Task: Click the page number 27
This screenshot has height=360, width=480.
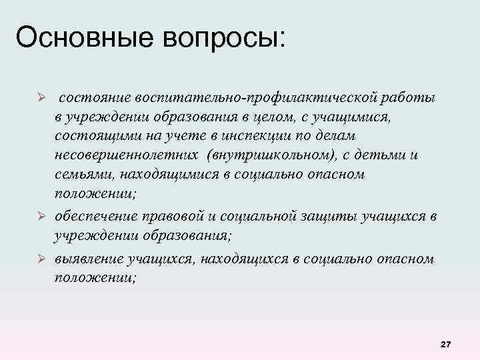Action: pos(446,344)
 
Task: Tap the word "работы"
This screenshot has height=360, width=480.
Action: pos(409,99)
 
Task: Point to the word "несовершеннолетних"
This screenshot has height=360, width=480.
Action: pos(126,155)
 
